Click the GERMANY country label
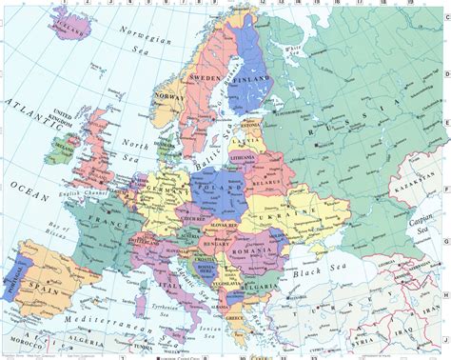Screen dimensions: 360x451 click(169, 190)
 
